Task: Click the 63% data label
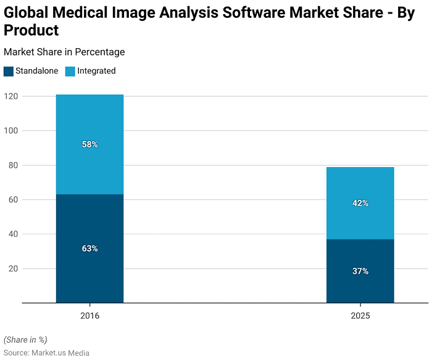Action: [x=89, y=248]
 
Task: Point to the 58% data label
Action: [x=89, y=144]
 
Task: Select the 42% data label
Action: [x=360, y=203]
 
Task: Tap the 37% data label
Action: [x=360, y=271]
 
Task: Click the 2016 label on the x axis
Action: [x=89, y=315]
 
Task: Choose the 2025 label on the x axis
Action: [x=360, y=315]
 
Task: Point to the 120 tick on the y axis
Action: [x=10, y=96]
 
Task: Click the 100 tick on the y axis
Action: [x=10, y=131]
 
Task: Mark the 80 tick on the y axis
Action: [x=12, y=165]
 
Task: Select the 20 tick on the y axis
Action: [x=12, y=269]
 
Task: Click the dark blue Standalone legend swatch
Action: [x=8, y=71]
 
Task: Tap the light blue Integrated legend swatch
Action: [x=70, y=71]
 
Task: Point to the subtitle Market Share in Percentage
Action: [x=64, y=52]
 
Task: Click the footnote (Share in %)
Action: [x=25, y=340]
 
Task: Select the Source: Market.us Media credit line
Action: [x=46, y=353]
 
